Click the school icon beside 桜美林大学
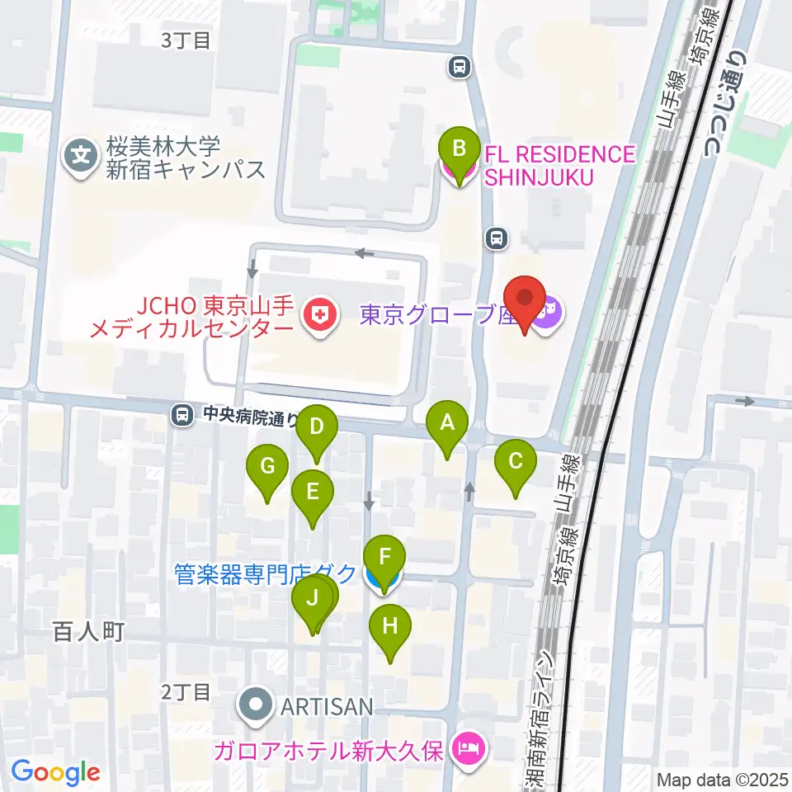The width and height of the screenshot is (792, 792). (82, 154)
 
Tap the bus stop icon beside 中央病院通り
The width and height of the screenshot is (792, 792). (181, 415)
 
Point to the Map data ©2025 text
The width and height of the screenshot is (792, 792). (719, 779)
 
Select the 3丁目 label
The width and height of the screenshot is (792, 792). (186, 40)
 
